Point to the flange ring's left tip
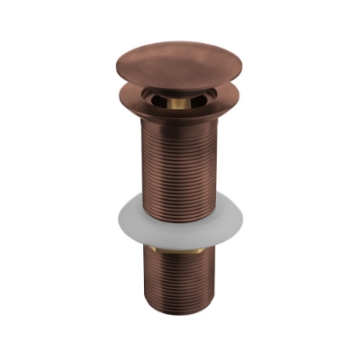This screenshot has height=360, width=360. point(120,96)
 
